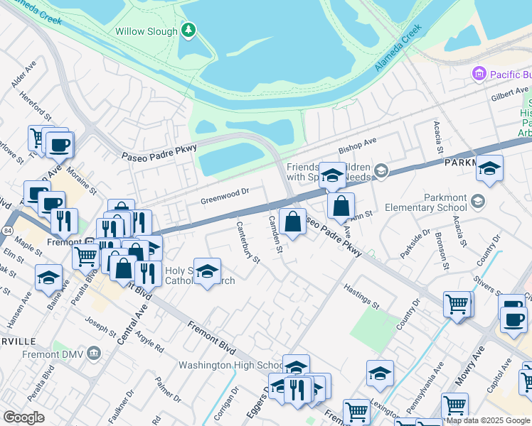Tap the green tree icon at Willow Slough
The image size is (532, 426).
(x=188, y=30)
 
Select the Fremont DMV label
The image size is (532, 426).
(x=57, y=354)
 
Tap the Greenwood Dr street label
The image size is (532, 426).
(x=224, y=192)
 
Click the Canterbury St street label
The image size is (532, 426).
(x=248, y=241)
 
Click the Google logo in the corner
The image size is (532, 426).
(x=24, y=417)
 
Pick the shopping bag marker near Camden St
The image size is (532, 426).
(x=292, y=222)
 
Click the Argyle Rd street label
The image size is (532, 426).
(x=149, y=344)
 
